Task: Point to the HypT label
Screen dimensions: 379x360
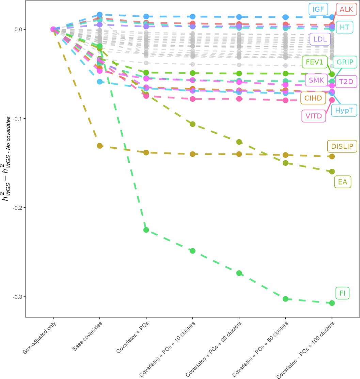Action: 344,111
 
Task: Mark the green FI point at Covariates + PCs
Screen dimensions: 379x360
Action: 146,230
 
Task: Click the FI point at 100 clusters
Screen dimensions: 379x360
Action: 332,303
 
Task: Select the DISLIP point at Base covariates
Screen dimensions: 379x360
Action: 100,146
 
